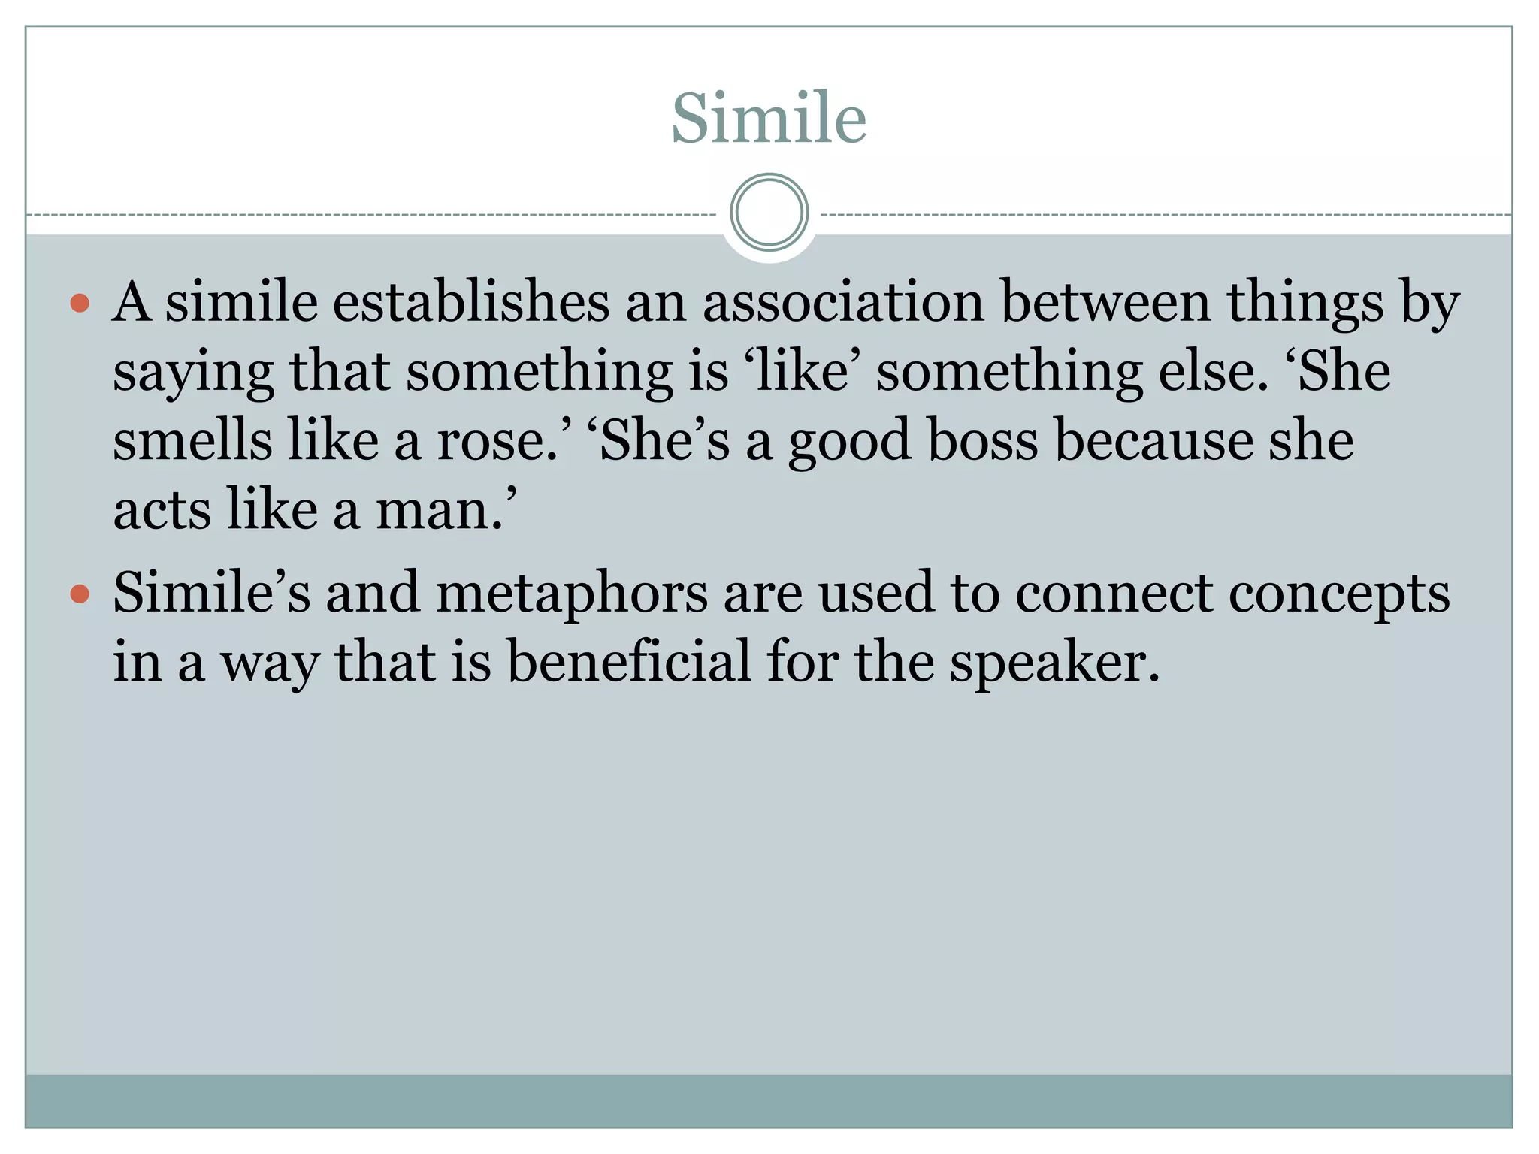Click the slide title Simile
tap(769, 118)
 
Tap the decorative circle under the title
tap(769, 213)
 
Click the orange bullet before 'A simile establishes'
tap(80, 304)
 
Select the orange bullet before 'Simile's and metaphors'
tap(80, 594)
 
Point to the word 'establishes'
tap(470, 302)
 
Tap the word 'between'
tap(1105, 302)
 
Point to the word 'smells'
tap(192, 441)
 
